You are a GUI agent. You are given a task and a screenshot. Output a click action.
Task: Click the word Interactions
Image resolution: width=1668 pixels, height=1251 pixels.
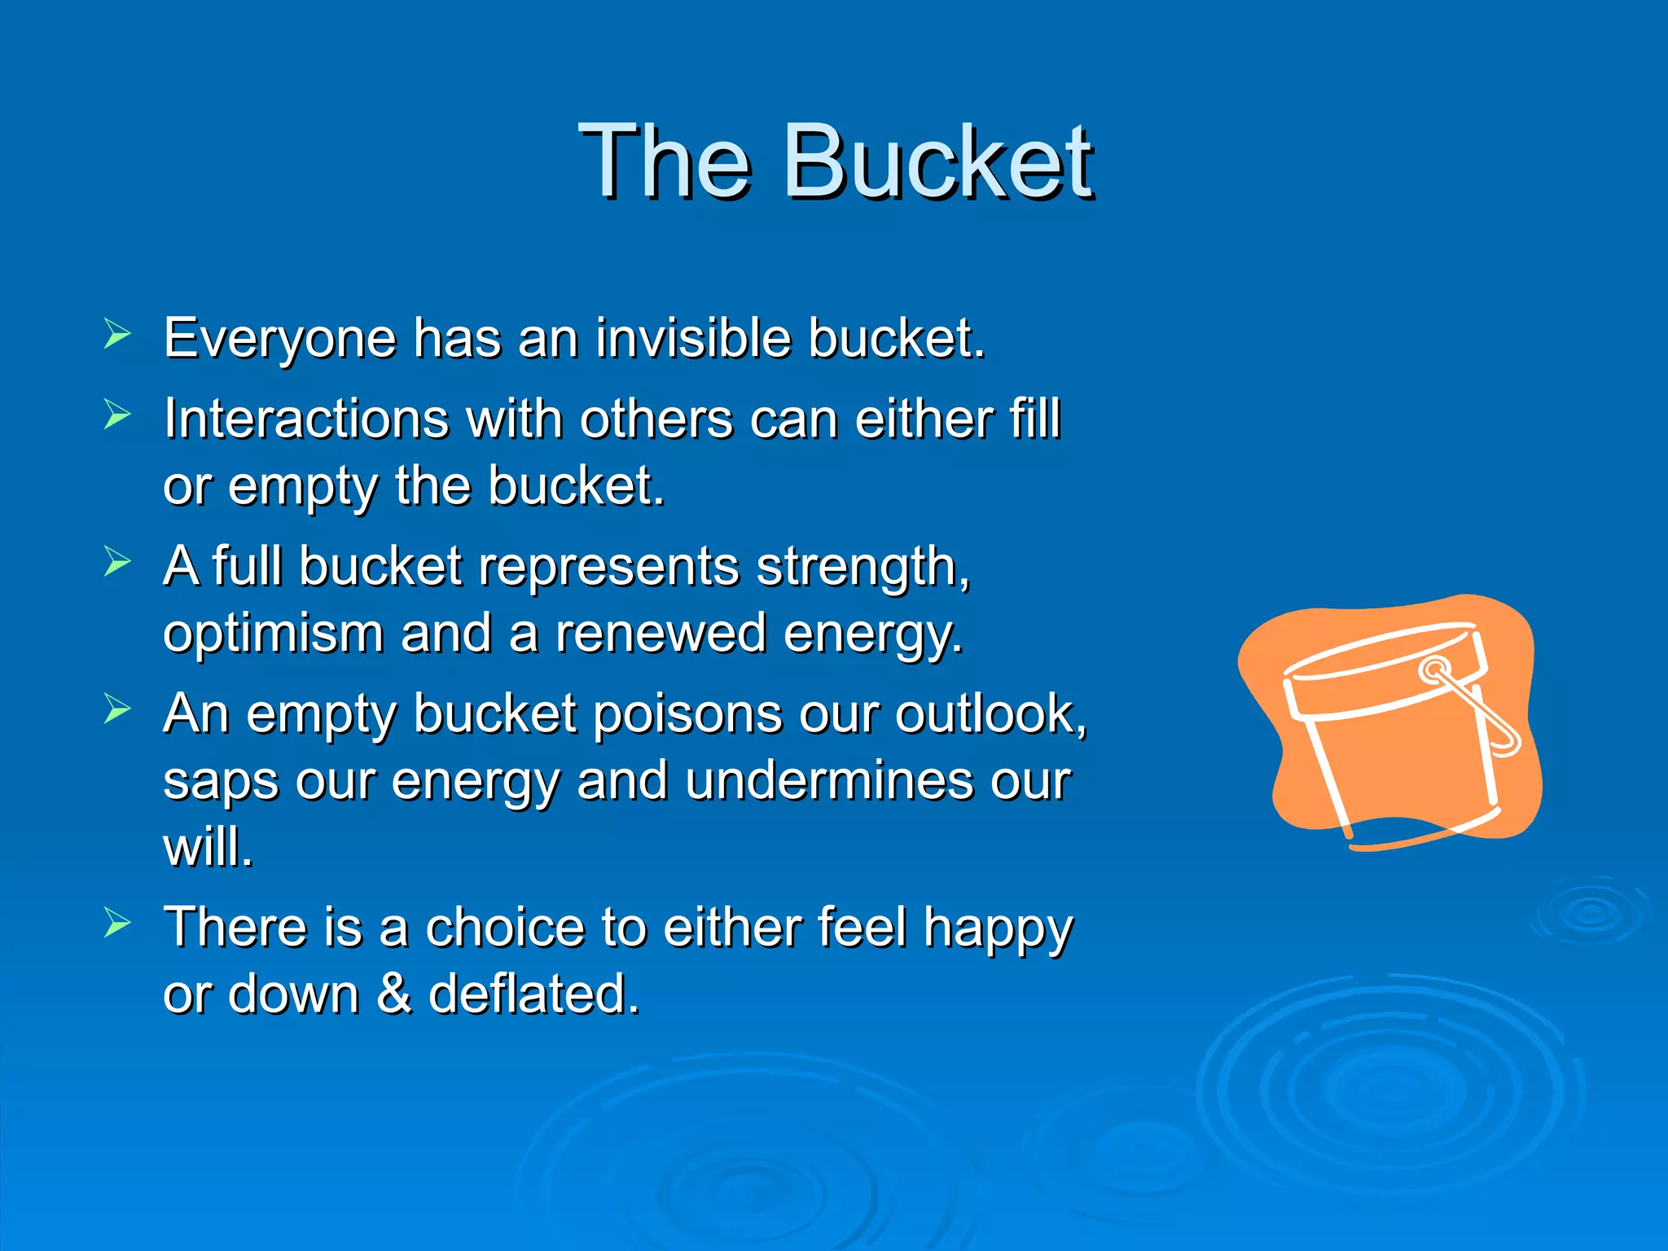(x=305, y=419)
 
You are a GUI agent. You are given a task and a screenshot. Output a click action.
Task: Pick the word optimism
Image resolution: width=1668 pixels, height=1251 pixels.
(x=273, y=634)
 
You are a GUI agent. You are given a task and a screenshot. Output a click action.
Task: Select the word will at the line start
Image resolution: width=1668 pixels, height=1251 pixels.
(x=207, y=847)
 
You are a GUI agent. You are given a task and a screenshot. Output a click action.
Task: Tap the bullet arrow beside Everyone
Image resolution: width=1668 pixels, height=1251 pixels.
(x=117, y=335)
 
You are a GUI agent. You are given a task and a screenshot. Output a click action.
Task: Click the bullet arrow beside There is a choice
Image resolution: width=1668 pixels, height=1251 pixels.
(x=117, y=924)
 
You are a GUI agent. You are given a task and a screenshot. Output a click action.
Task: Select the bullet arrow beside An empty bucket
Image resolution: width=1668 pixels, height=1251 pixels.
(x=117, y=709)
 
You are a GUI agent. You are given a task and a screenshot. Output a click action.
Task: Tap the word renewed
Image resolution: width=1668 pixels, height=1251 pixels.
(x=661, y=634)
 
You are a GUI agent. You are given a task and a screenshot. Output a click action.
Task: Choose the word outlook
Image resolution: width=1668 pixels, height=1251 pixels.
(x=990, y=714)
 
